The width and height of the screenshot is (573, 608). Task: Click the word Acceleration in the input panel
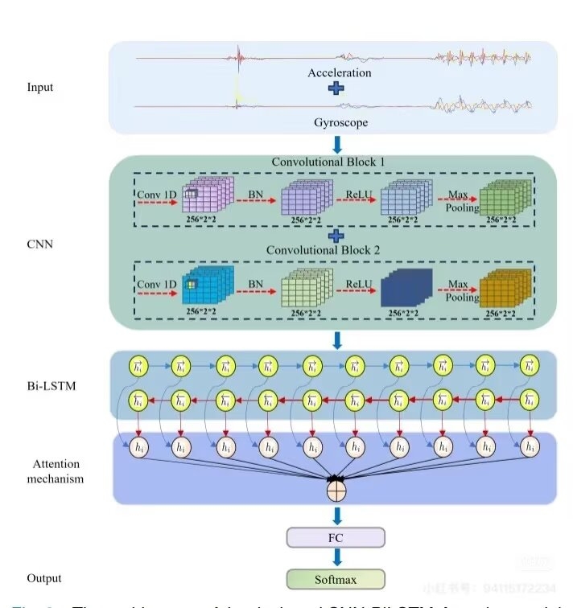tap(339, 73)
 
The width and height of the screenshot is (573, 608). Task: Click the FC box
tap(336, 537)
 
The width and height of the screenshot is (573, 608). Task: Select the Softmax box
tap(336, 578)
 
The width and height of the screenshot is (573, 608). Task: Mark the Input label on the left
tap(40, 87)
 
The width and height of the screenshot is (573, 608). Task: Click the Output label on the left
tap(43, 578)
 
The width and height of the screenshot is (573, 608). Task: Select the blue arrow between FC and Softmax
tap(336, 557)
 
